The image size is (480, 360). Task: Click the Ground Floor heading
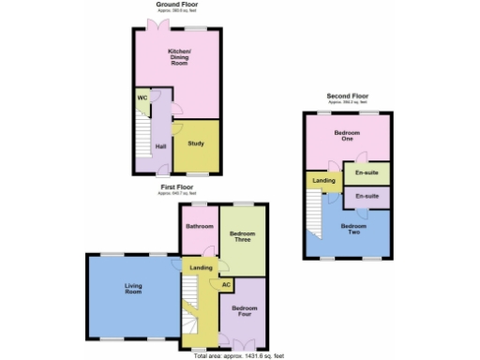pyautogui.click(x=176, y=6)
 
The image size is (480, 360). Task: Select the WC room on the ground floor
pyautogui.click(x=142, y=97)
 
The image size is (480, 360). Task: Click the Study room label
pyautogui.click(x=196, y=143)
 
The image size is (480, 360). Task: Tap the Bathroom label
pyautogui.click(x=199, y=226)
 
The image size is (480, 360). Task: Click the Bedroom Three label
pyautogui.click(x=242, y=237)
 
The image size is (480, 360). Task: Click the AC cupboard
pyautogui.click(x=226, y=284)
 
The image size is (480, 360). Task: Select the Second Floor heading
pyautogui.click(x=347, y=96)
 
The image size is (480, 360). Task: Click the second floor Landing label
pyautogui.click(x=324, y=180)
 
